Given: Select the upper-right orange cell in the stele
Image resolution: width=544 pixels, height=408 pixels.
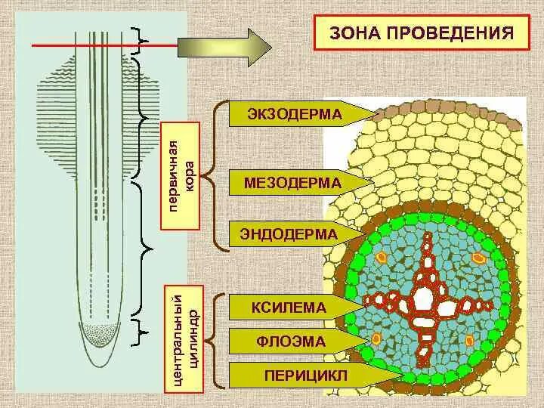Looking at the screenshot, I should (x=478, y=258).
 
